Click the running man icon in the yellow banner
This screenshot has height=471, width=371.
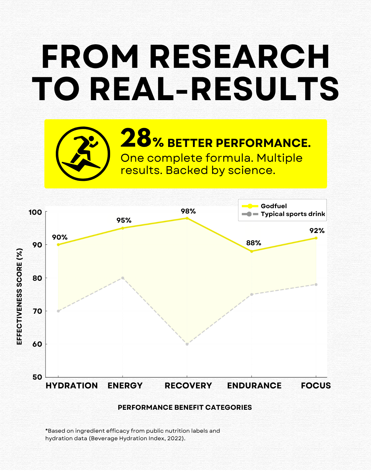pos(83,154)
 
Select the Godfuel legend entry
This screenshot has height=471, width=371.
pos(273,206)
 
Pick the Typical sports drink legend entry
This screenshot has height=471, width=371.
pos(293,214)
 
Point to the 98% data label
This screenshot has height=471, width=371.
pos(188,211)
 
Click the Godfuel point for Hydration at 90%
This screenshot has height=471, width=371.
pos(58,245)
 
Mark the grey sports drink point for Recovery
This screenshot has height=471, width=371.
pos(187,344)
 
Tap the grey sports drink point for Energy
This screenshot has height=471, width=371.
pos(123,278)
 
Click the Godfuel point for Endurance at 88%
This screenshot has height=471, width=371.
pos(252,251)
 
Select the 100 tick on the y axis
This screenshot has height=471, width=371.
pos(35,212)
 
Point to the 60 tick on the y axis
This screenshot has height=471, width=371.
pos(37,344)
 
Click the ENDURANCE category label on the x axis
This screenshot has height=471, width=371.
pos(254,386)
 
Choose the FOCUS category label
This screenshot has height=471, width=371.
pos(316,386)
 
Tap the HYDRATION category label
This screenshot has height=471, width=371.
pos(72,386)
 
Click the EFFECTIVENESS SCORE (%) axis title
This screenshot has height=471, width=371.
pos(19,296)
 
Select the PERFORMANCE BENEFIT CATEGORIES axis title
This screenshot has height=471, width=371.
pos(185,408)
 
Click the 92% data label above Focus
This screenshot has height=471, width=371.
pos(317,231)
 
